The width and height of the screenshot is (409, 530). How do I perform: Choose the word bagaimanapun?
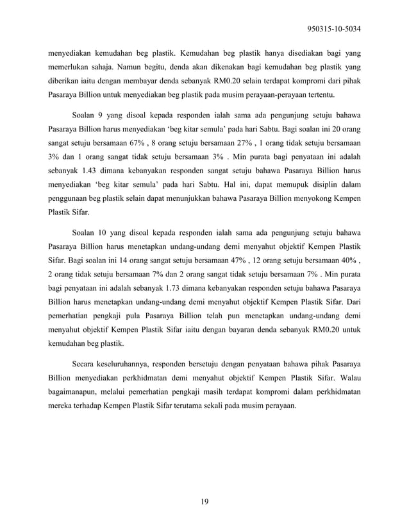(x=79, y=392)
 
